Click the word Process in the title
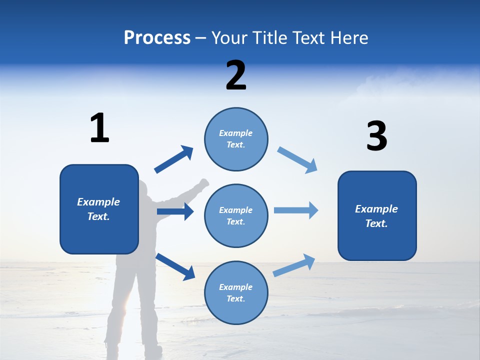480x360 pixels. click(x=157, y=38)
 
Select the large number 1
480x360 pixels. click(x=99, y=128)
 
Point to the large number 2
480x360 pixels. click(x=236, y=75)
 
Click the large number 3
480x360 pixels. click(x=376, y=136)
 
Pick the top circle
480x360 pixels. click(x=236, y=139)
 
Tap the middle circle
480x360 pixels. click(x=236, y=215)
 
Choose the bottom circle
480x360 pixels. click(x=236, y=292)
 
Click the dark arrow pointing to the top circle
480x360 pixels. click(x=174, y=159)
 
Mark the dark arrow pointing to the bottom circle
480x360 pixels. click(x=175, y=266)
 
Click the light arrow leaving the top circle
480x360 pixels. click(x=297, y=160)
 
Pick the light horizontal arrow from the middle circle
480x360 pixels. click(x=296, y=210)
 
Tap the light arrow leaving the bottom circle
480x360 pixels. click(x=294, y=265)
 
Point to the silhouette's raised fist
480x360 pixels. click(x=202, y=183)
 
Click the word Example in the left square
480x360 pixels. click(x=98, y=202)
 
